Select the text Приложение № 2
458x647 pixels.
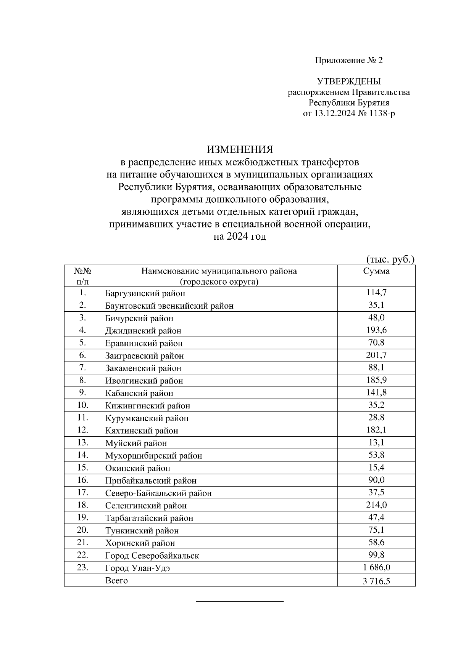(x=348, y=60)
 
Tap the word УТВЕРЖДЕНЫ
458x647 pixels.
(x=348, y=81)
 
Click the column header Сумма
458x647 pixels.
(x=376, y=271)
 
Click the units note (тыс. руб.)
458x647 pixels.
(x=390, y=260)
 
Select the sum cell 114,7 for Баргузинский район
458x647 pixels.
(x=376, y=293)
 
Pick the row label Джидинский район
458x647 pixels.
(x=143, y=331)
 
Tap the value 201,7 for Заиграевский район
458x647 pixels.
(x=376, y=355)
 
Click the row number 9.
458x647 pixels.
(x=82, y=392)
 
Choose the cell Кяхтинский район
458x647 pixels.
(x=142, y=431)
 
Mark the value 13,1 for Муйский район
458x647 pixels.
(x=376, y=442)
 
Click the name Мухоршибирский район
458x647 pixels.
(x=153, y=456)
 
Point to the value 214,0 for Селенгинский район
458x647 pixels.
(x=376, y=505)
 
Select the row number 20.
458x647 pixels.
(x=82, y=530)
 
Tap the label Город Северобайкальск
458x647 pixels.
(x=152, y=556)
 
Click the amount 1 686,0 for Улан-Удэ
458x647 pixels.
(x=376, y=567)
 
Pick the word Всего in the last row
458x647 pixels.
(x=116, y=580)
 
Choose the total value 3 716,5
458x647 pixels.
(x=376, y=581)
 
